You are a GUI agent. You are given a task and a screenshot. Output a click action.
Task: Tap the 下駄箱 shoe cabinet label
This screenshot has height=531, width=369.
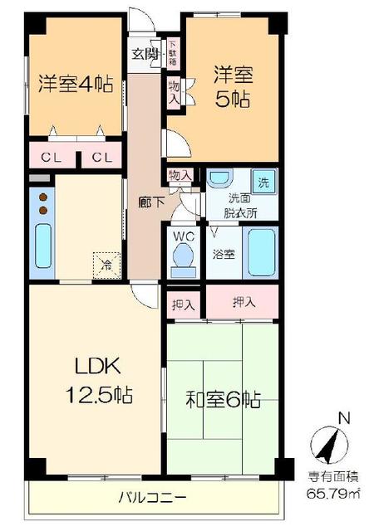[174, 53]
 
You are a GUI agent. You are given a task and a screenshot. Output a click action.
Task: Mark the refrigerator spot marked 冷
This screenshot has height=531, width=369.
[106, 265]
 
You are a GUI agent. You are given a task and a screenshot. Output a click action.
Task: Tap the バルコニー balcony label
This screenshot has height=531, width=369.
[150, 497]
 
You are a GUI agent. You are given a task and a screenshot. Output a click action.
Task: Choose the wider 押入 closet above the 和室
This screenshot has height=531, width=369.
[242, 303]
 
